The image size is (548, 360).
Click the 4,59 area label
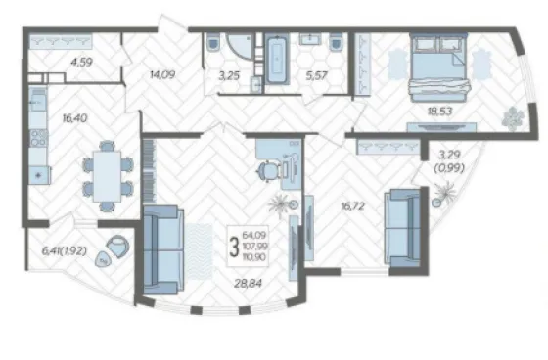(x=81, y=63)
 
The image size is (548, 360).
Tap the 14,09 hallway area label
(x=162, y=74)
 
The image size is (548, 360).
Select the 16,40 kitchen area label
(x=74, y=118)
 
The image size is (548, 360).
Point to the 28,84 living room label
(x=248, y=283)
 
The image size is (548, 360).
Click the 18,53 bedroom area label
(x=439, y=112)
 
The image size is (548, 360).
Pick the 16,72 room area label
(x=352, y=206)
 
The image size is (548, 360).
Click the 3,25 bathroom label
(x=229, y=75)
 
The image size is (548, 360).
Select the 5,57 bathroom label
(x=316, y=75)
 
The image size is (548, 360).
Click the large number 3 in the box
(x=234, y=247)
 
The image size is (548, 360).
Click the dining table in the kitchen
(x=108, y=176)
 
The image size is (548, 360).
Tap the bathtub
(x=277, y=59)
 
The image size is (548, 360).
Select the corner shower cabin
(x=240, y=46)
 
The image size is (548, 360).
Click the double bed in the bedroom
(x=439, y=67)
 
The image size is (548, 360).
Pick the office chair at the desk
(x=268, y=171)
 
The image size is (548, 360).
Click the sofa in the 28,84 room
(x=163, y=250)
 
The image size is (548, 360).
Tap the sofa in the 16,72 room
(x=402, y=228)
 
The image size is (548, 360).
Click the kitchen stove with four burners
(x=39, y=138)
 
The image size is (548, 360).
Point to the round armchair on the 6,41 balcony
(x=118, y=247)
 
